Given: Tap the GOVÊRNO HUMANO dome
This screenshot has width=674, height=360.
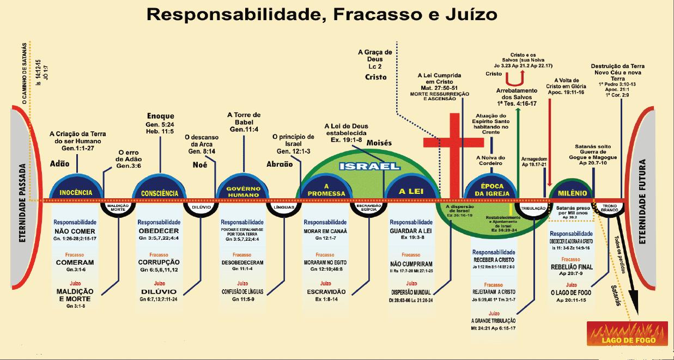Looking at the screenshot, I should click(243, 191).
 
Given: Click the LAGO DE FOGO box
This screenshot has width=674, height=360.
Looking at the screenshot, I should click(627, 333).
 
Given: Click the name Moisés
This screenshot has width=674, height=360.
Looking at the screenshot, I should click(379, 142).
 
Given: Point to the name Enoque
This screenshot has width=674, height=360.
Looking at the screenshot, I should click(161, 116).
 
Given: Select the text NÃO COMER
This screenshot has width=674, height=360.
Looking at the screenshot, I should click(75, 231).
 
